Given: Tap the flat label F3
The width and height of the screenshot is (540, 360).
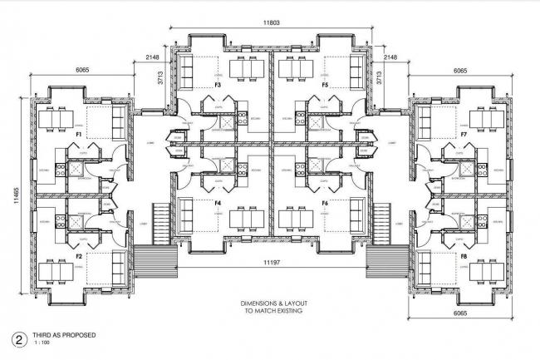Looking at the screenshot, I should pyautogui.click(x=218, y=85).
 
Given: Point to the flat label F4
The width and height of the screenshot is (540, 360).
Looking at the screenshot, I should pyautogui.click(x=218, y=203).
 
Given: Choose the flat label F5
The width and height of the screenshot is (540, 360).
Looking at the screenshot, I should pyautogui.click(x=325, y=85).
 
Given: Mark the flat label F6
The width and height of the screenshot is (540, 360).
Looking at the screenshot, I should pyautogui.click(x=325, y=203).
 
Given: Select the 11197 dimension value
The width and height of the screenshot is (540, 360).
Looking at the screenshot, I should pyautogui.click(x=270, y=263).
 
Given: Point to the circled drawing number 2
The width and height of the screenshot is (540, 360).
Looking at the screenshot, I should pyautogui.click(x=15, y=339).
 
